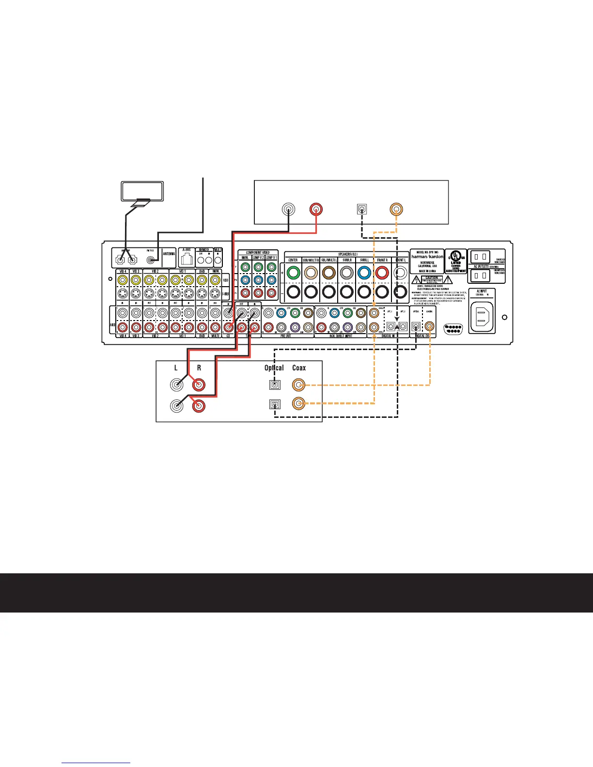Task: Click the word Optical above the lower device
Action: [x=274, y=368]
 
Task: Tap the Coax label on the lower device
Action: [x=299, y=368]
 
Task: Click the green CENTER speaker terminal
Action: [x=293, y=273]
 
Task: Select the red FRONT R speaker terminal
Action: [x=382, y=273]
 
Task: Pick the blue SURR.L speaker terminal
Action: [x=364, y=273]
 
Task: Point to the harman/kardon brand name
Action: [x=427, y=257]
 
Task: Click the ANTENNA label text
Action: [x=169, y=254]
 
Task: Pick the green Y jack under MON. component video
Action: [x=245, y=267]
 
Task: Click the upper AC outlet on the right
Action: [x=479, y=256]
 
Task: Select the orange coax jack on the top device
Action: [x=396, y=209]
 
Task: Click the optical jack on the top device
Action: [x=361, y=210]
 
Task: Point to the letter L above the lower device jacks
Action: [x=176, y=368]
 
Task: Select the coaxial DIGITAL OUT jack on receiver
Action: [x=429, y=327]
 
